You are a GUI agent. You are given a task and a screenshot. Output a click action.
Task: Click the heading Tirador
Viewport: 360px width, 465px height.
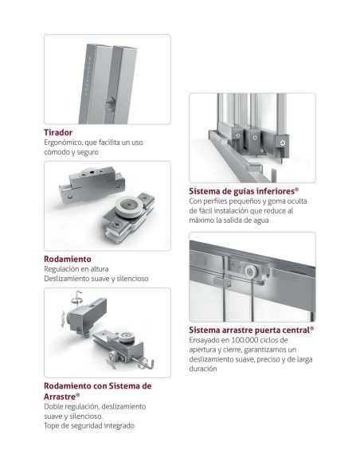[58, 132]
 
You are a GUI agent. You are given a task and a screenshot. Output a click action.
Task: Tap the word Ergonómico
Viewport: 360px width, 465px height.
[63, 143]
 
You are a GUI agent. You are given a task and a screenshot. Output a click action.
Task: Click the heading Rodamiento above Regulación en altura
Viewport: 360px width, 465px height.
[68, 259]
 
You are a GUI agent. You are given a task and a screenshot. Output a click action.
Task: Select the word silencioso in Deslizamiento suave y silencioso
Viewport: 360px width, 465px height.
[132, 279]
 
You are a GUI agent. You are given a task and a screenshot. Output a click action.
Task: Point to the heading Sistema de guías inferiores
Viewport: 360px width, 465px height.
[244, 191]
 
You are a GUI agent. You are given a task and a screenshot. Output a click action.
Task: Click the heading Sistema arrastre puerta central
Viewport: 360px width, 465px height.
[252, 330]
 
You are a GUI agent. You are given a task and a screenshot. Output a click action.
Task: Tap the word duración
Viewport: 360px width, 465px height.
[203, 369]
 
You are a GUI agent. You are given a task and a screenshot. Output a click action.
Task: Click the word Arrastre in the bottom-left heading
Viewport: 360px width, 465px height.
[60, 397]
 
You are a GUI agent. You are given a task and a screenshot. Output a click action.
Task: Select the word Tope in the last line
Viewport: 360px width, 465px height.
[51, 426]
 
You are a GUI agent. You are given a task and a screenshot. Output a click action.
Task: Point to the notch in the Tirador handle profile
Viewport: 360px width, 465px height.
[111, 104]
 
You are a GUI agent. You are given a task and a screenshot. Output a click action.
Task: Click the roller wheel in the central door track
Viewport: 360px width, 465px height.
[251, 272]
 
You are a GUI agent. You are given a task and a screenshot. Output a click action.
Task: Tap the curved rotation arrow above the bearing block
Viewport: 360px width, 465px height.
[76, 298]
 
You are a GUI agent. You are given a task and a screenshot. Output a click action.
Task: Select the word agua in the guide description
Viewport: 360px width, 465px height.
[261, 221]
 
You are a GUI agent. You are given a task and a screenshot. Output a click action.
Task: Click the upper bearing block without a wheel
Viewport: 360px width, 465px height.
[92, 184]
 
